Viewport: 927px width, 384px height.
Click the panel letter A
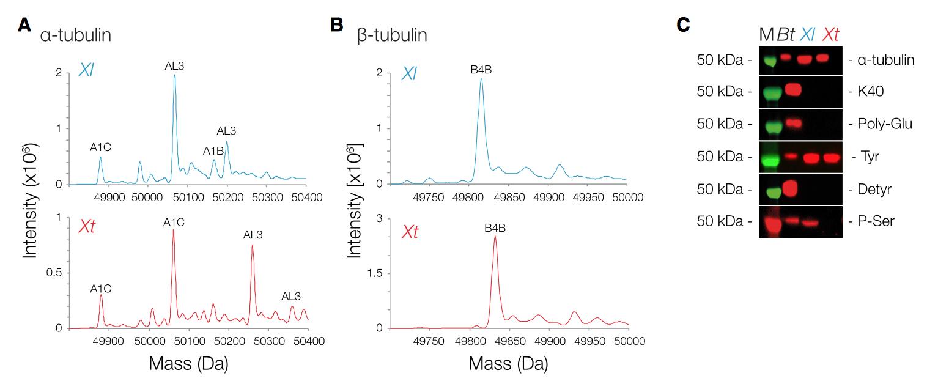tap(24, 25)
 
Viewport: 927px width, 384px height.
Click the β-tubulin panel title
tap(392, 35)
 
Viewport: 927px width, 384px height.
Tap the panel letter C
tap(684, 25)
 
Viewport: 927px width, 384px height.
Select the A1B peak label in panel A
tap(213, 151)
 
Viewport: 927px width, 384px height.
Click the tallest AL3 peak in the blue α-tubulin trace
tap(174, 76)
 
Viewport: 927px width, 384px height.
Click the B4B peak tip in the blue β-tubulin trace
tap(481, 79)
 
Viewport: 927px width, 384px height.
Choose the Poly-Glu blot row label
tap(880, 125)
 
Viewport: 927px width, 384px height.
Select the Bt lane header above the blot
tap(786, 35)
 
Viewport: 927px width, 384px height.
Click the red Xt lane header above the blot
tap(830, 35)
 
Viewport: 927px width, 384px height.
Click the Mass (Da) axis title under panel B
tap(508, 364)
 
